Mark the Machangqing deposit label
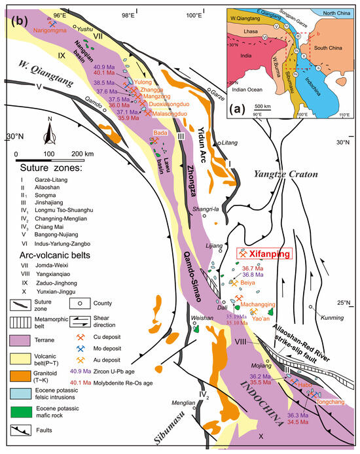[257, 304]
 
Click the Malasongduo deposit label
[170, 113]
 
